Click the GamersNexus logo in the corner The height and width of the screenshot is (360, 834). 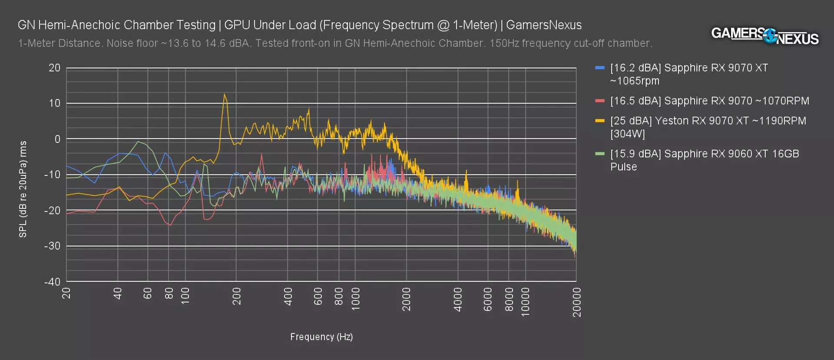(x=764, y=36)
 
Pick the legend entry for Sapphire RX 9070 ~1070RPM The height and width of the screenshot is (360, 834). (x=709, y=101)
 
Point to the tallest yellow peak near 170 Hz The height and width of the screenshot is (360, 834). (x=224, y=94)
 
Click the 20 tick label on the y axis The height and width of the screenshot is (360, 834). (x=54, y=68)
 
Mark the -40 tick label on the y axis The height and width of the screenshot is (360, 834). (x=52, y=282)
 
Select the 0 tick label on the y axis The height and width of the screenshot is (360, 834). (x=57, y=139)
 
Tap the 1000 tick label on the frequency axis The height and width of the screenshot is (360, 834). (x=356, y=299)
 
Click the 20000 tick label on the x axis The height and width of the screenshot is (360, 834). (x=577, y=302)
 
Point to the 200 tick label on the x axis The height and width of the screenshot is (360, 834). (x=237, y=296)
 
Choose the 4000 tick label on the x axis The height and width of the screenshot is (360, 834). (x=458, y=299)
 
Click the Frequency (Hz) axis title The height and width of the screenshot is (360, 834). (x=321, y=337)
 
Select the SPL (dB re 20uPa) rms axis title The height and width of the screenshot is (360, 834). (x=23, y=189)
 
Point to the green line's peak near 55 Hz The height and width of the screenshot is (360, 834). (x=138, y=142)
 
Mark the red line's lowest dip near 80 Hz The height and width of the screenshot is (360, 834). (x=170, y=225)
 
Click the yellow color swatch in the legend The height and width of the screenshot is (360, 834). (x=600, y=121)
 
